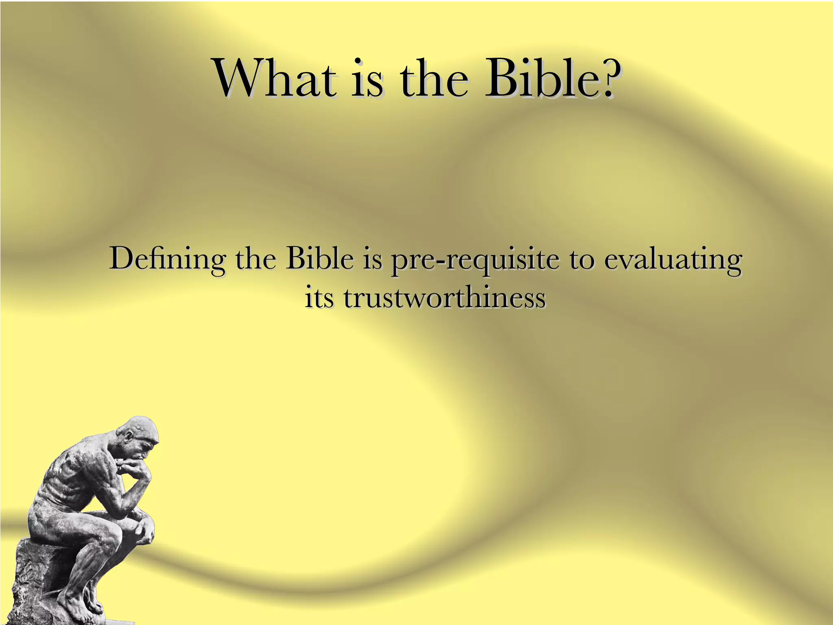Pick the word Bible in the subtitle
pos(319,259)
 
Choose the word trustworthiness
pos(444,298)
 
